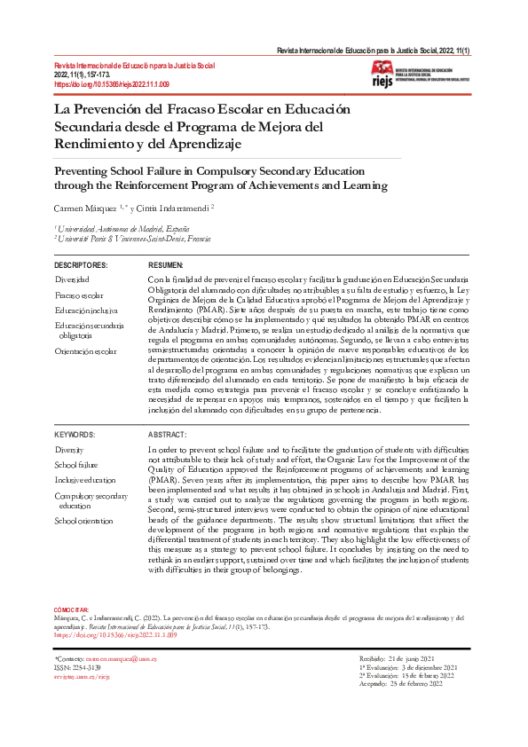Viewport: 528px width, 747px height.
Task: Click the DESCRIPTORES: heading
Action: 81,265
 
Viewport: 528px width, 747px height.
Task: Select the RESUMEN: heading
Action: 166,265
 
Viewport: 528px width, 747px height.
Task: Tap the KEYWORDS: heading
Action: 75,435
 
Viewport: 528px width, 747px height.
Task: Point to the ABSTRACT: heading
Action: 167,435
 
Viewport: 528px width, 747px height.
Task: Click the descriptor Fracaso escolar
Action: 79,295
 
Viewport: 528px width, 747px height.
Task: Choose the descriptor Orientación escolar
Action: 85,351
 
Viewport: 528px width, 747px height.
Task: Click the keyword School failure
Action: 76,465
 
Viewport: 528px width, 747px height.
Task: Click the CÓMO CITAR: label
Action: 72,610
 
